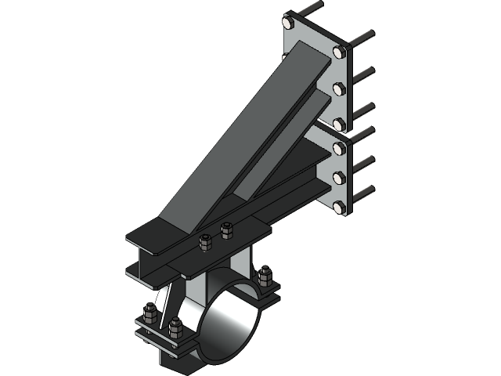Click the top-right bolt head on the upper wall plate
[338, 52]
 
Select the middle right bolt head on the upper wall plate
[338, 88]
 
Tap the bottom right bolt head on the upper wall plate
[338, 123]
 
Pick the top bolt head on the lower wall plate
[338, 143]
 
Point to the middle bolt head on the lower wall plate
[338, 175]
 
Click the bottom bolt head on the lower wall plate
[338, 207]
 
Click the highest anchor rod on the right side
[365, 36]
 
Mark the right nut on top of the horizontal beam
[227, 230]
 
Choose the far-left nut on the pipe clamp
[148, 316]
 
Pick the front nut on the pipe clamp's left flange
[174, 327]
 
